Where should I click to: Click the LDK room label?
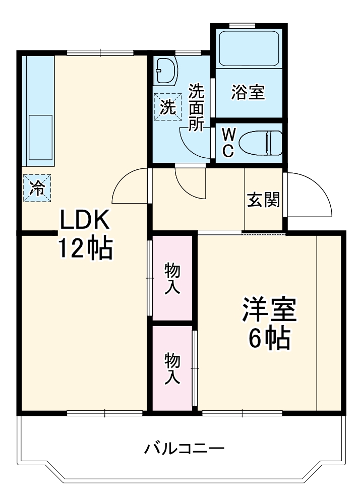[x=85, y=220]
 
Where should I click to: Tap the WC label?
[x=228, y=143]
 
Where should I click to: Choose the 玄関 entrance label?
[x=263, y=200]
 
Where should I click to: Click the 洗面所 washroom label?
[x=196, y=107]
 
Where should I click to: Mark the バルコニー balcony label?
[x=185, y=448]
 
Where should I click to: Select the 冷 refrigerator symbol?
[x=37, y=187]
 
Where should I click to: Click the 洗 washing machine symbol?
[x=168, y=107]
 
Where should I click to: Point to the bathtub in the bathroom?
[x=248, y=49]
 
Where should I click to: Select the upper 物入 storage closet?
[x=172, y=278]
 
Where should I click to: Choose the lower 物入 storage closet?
[x=172, y=368]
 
